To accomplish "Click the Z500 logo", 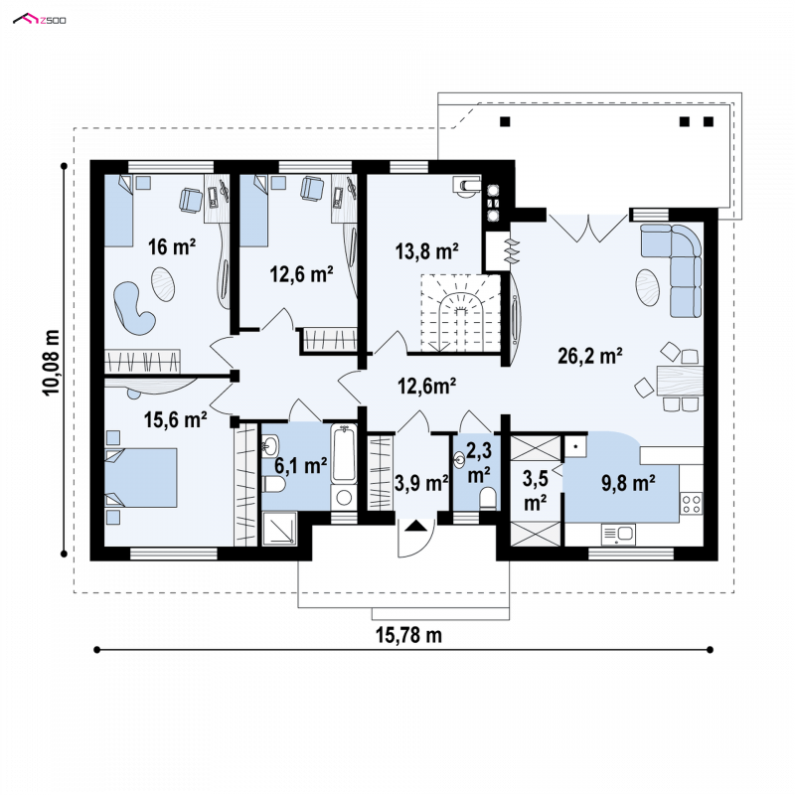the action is click(39, 20).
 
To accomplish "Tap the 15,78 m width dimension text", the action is click(408, 635).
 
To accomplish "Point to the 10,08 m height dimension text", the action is click(52, 362).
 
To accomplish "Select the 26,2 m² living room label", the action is click(590, 356).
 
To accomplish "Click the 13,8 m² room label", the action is click(427, 250).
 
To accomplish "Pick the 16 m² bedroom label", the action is click(172, 246).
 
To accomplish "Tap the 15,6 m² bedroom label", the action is click(176, 419).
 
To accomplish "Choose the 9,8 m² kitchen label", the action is click(628, 483).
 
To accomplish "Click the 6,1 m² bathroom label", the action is click(301, 465).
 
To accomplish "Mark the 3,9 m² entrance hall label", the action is click(421, 483).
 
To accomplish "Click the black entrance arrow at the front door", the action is click(416, 526).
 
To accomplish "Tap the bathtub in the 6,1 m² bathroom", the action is click(344, 454).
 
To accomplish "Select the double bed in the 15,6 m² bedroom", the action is click(141, 477).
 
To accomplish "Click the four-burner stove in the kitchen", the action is click(691, 503).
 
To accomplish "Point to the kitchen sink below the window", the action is click(618, 534).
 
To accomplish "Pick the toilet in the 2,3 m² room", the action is click(488, 498).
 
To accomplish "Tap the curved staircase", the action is click(460, 313).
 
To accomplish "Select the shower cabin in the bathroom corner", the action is click(279, 529).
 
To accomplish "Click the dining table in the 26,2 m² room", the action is click(680, 381).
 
